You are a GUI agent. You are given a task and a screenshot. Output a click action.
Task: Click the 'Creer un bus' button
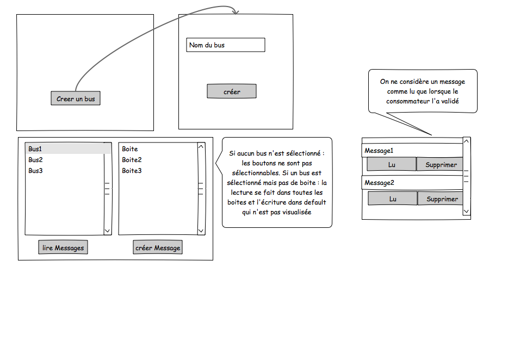pos(76,98)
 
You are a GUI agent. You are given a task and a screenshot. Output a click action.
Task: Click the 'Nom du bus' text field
pos(225,45)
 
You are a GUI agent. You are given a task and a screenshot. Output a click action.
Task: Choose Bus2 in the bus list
pos(36,160)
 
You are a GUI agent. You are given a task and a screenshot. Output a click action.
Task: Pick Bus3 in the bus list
pos(36,171)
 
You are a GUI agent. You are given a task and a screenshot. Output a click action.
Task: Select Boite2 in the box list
pos(132,160)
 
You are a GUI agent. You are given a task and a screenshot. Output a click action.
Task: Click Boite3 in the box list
pos(132,171)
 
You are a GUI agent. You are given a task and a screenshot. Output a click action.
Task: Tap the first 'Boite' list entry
pos(130,149)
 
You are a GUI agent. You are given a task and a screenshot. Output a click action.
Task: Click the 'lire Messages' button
pos(63,248)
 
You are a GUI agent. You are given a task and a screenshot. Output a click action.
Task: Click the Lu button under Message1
pos(392,164)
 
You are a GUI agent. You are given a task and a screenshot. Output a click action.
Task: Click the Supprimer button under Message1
pos(441,164)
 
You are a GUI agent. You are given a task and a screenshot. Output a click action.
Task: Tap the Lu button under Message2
pos(392,199)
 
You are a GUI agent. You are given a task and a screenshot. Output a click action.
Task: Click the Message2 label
pos(379,183)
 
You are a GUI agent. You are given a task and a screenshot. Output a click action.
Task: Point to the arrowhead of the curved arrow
pos(236,11)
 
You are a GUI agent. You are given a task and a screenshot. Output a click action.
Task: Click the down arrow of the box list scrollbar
pos(201,231)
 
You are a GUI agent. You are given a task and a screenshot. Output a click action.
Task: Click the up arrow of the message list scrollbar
pos(466,141)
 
